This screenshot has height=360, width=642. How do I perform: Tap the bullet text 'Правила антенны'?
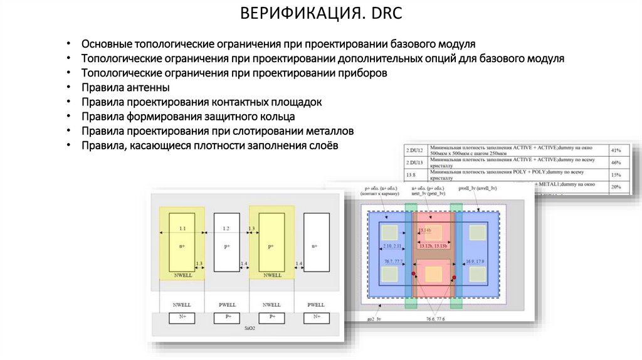(125, 88)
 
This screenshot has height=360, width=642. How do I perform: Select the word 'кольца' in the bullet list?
(278, 117)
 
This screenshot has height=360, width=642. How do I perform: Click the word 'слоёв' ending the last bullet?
(322, 146)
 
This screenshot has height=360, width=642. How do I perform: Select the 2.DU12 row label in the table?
(415, 151)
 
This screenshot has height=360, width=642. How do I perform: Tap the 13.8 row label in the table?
(411, 174)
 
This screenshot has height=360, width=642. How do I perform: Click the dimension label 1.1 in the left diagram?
(182, 228)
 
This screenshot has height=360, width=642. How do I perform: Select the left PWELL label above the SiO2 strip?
(226, 304)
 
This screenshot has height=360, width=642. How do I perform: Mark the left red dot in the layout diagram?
(414, 274)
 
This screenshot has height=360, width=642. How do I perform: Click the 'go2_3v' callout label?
(375, 319)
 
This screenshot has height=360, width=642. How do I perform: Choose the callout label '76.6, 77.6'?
(435, 319)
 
